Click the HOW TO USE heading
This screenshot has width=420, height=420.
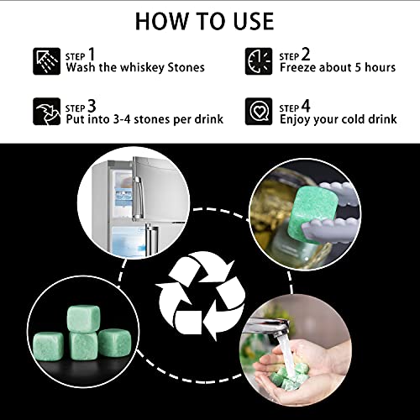point(209,20)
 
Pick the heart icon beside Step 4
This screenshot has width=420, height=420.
point(257,111)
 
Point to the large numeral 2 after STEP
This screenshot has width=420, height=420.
point(307,53)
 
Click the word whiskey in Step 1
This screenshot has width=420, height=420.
point(144,68)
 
